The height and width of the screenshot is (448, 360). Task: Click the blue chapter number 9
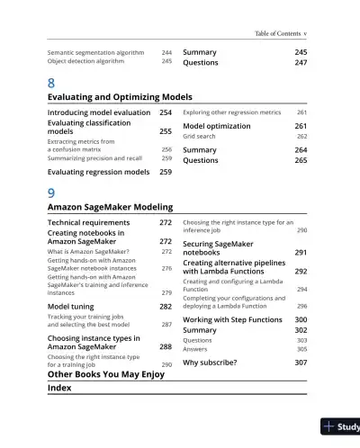pyautogui.click(x=50, y=192)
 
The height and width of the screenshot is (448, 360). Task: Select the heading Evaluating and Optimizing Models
pyautogui.click(x=119, y=97)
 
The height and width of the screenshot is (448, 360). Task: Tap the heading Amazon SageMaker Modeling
pyautogui.click(x=109, y=207)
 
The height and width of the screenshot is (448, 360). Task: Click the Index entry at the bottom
pyautogui.click(x=59, y=388)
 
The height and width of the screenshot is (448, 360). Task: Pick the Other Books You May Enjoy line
pyautogui.click(x=105, y=374)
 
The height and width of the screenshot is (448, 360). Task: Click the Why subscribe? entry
pyautogui.click(x=211, y=363)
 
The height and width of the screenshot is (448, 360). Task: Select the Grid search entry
pyautogui.click(x=202, y=137)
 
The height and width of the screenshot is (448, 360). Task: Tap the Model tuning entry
pyautogui.click(x=72, y=307)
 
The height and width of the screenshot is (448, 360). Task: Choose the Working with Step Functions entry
pyautogui.click(x=232, y=319)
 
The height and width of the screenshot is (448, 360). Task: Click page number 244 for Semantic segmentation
pyautogui.click(x=166, y=53)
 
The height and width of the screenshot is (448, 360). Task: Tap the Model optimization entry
pyautogui.click(x=216, y=126)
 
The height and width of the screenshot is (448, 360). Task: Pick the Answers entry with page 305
pyautogui.click(x=197, y=349)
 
